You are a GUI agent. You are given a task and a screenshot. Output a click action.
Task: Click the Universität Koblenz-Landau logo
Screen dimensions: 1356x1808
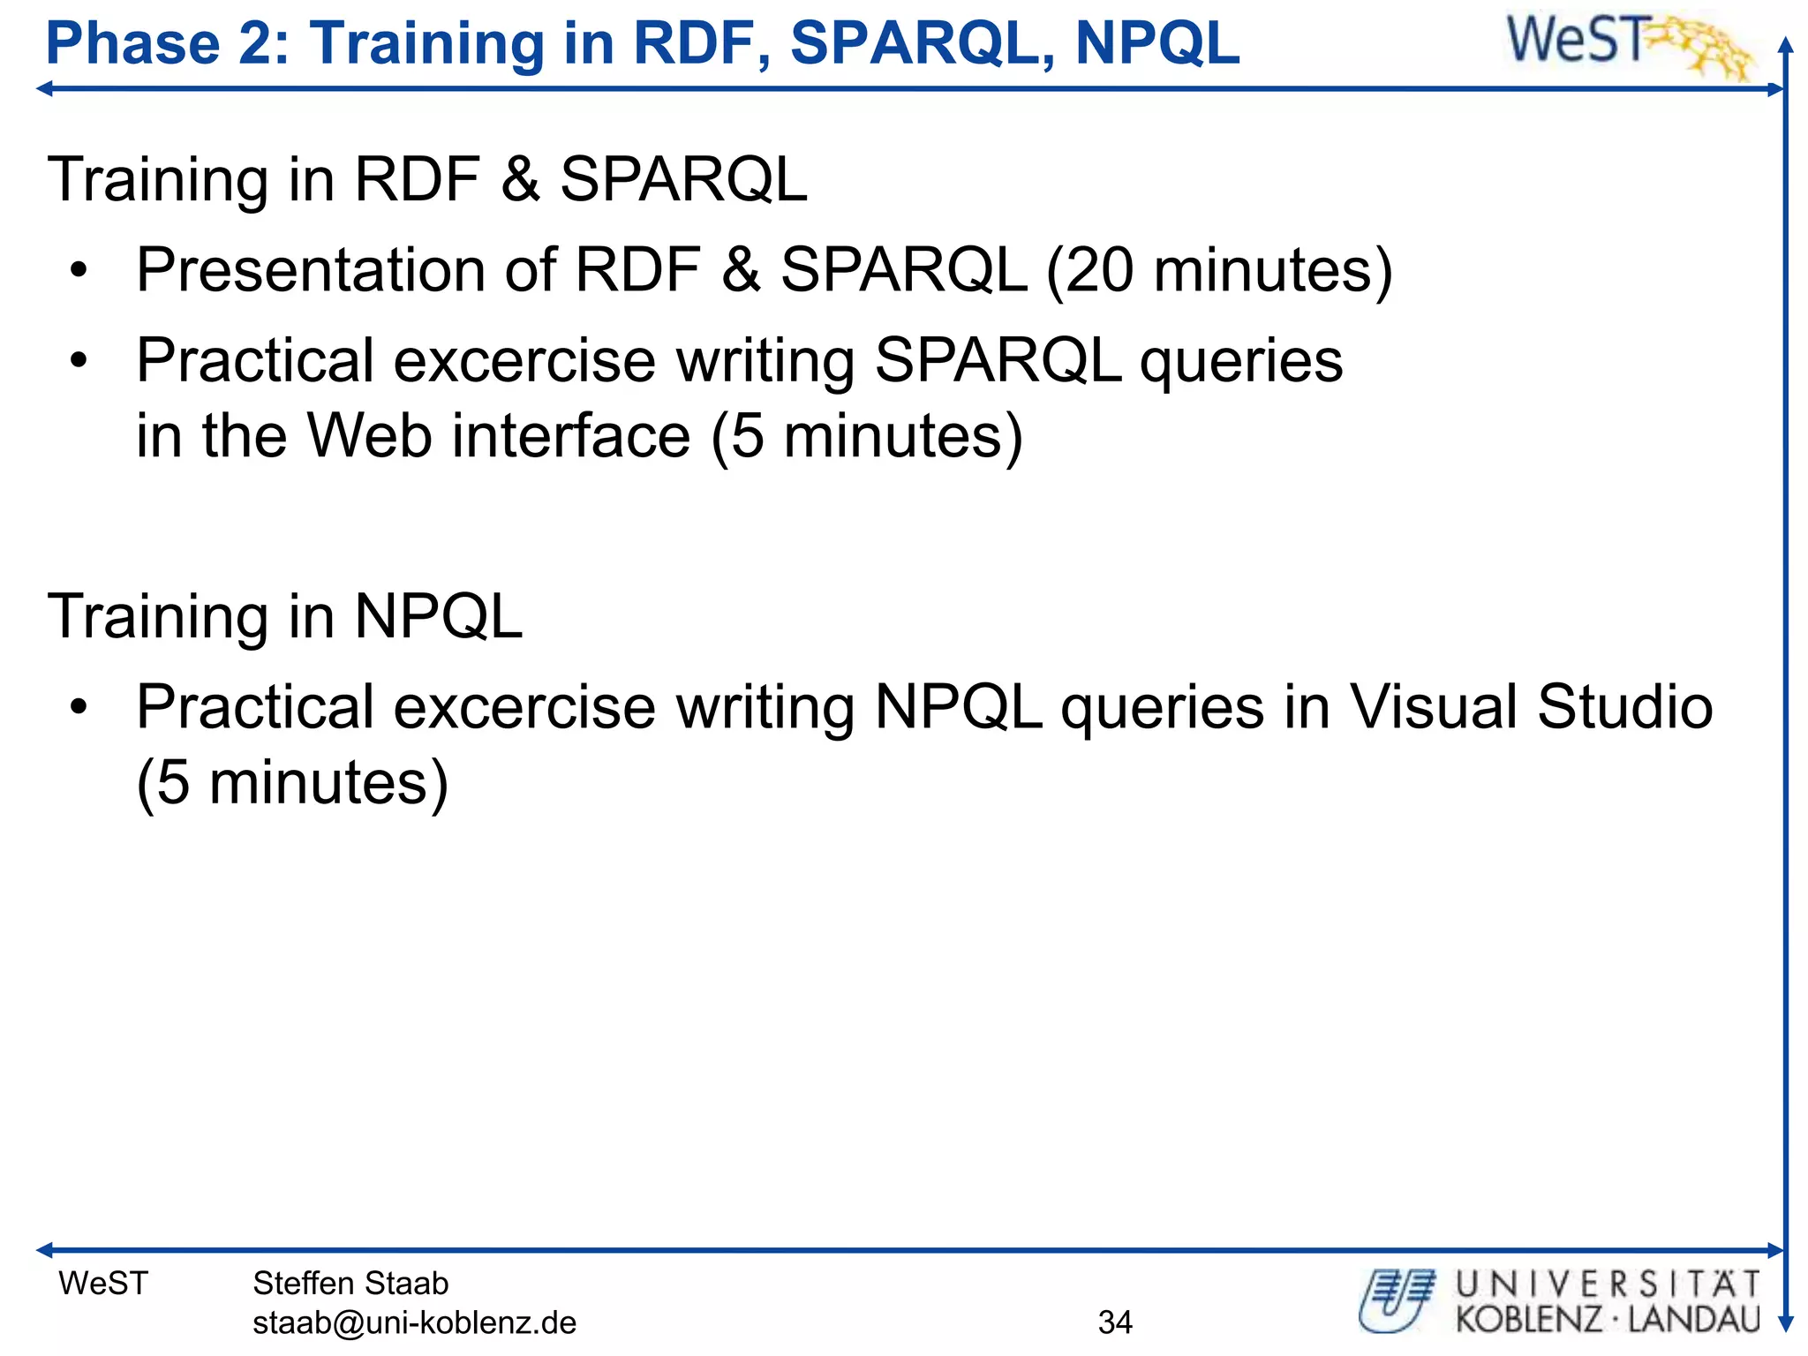[1559, 1301]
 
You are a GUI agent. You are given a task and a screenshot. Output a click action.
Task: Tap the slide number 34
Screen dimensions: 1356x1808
[1115, 1322]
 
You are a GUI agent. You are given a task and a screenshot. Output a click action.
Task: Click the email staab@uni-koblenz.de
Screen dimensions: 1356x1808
[414, 1322]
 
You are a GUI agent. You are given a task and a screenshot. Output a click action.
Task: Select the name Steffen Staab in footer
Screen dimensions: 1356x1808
[350, 1283]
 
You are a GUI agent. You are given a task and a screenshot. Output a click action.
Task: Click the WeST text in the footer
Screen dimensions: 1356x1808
[103, 1283]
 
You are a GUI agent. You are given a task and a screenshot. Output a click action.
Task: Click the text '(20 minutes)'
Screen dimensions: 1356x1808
[1219, 269]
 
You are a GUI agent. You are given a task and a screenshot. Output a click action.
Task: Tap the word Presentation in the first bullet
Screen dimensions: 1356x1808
[310, 269]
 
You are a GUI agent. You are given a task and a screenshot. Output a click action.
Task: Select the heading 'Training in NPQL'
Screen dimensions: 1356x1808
[284, 615]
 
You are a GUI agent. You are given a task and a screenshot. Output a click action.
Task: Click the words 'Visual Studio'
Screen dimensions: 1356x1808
[1532, 706]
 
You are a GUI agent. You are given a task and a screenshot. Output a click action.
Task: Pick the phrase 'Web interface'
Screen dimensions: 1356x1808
[498, 435]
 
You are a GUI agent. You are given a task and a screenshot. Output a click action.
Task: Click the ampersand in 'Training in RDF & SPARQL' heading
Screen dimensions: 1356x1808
[520, 179]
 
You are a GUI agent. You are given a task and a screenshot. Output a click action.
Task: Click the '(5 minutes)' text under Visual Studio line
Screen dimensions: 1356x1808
[292, 782]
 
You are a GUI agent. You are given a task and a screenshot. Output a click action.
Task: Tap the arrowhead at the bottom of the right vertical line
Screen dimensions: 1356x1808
[1785, 1324]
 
